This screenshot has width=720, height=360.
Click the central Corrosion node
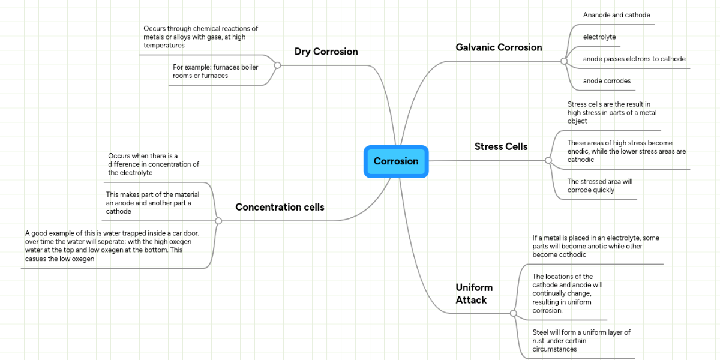(x=396, y=161)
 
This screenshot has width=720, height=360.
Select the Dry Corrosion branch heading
(x=326, y=52)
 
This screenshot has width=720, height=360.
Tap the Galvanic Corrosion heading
(x=499, y=47)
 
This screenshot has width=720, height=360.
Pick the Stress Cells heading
(x=501, y=146)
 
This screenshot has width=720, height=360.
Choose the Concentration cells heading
(x=280, y=207)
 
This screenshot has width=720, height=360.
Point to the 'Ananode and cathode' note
(x=616, y=15)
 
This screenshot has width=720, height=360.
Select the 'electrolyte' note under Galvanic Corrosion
(x=599, y=37)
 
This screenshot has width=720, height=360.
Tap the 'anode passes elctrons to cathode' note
(x=634, y=59)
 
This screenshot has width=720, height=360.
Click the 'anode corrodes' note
(x=607, y=81)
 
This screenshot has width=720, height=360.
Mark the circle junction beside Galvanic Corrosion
(x=563, y=61)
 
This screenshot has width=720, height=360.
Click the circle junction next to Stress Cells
(x=548, y=161)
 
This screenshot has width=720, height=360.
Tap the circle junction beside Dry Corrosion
(x=277, y=65)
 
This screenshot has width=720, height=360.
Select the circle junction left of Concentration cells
(x=218, y=221)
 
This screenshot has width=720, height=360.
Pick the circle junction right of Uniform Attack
(x=513, y=313)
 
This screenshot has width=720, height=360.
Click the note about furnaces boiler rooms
(x=215, y=71)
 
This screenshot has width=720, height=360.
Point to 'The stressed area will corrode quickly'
(x=600, y=185)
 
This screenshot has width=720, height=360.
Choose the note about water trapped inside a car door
(x=112, y=245)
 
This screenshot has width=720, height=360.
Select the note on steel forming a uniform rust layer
(x=581, y=340)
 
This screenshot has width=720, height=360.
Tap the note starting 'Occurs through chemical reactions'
(x=200, y=37)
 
